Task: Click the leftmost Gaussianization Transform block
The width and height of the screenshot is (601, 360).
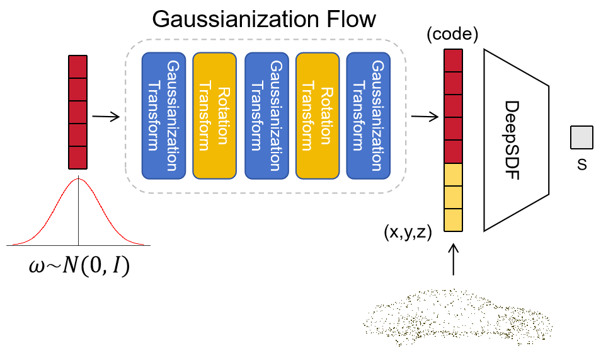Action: point(163,115)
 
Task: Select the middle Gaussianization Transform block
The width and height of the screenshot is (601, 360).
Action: point(266,115)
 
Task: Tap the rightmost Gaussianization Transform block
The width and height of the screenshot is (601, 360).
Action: point(369,115)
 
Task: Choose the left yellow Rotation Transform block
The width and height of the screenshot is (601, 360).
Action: point(214,115)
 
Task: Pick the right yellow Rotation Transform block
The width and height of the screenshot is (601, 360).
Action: point(318,115)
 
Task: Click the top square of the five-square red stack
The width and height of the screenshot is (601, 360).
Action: point(77,67)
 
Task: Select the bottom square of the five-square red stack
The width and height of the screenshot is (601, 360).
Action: point(77,158)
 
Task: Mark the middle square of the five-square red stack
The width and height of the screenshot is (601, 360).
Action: point(77,112)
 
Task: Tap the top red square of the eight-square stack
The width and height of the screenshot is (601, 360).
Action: point(453,61)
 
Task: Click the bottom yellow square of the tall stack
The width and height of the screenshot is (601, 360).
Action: point(453,220)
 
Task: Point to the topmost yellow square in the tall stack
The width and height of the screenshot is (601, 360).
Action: point(453,175)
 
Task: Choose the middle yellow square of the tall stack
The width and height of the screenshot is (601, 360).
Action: point(453,197)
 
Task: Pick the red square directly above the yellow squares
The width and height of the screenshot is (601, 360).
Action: point(453,151)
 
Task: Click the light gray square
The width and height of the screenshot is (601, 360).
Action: point(581,137)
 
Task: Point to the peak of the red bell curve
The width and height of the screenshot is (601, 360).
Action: point(79,179)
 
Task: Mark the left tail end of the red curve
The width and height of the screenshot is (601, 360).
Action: point(14,244)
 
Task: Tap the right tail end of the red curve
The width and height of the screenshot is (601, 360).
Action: point(143,244)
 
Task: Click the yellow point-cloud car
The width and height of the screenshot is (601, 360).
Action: point(458,318)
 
